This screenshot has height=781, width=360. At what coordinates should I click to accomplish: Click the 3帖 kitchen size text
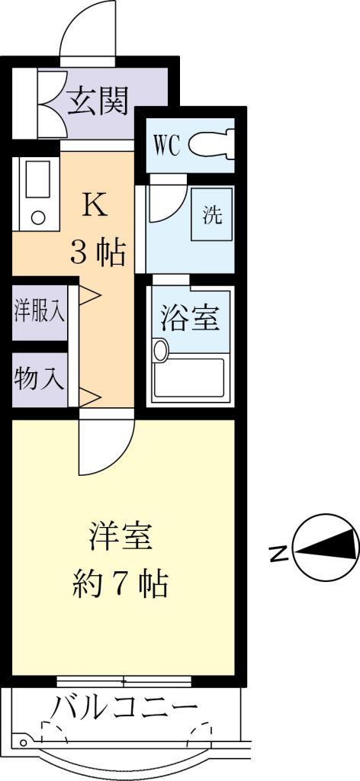(97, 252)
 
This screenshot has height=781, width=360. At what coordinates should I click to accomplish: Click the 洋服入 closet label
(40, 313)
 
